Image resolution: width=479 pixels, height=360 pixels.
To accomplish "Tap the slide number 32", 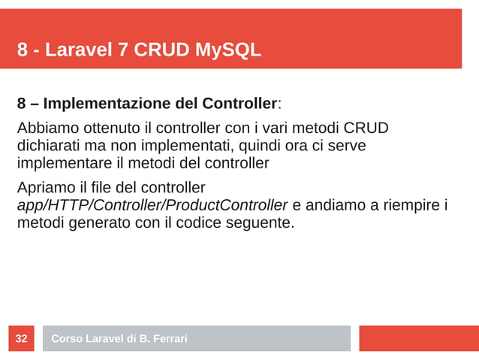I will click(x=22, y=339).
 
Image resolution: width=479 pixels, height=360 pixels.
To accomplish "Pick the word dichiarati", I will click(x=49, y=145).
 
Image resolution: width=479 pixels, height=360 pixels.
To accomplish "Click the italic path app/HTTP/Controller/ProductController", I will click(x=152, y=205).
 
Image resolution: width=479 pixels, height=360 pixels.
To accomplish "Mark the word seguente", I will click(x=264, y=223).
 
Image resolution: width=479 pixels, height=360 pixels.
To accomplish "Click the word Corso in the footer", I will click(x=66, y=339).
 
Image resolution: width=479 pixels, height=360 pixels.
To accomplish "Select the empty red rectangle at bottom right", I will click(x=418, y=338).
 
